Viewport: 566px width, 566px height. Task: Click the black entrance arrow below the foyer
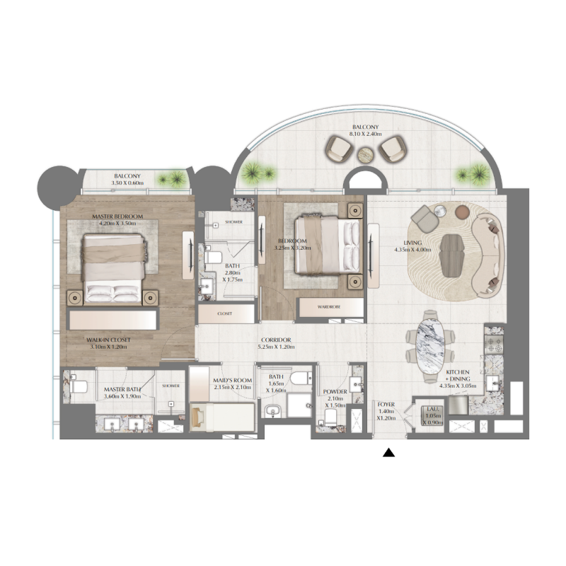(x=388, y=454)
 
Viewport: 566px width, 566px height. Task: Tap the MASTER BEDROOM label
(x=117, y=216)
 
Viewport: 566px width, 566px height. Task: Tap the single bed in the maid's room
(x=221, y=416)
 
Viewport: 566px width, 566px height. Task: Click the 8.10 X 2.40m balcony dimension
(x=366, y=133)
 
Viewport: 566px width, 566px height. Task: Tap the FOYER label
(x=386, y=405)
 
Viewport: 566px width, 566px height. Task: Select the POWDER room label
(x=335, y=391)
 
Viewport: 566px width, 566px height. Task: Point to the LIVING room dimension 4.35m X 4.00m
(x=409, y=248)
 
